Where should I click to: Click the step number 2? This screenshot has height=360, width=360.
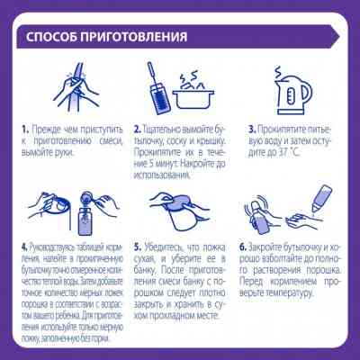coord(137,130)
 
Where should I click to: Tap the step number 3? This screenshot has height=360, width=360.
coord(253,130)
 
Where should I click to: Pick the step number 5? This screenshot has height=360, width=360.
coord(137,245)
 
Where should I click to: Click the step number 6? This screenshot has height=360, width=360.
coord(243,245)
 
